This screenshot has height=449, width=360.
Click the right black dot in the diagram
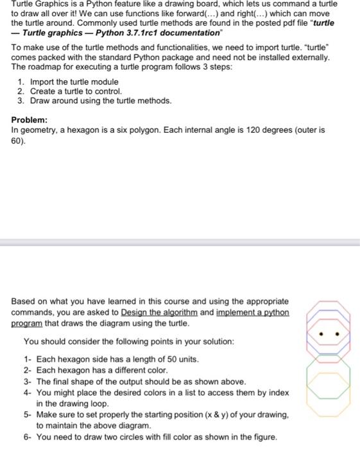340,334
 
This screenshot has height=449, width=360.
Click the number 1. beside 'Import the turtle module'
21,82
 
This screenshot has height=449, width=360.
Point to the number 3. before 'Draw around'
21,101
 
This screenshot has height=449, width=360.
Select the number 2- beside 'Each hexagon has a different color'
28,371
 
